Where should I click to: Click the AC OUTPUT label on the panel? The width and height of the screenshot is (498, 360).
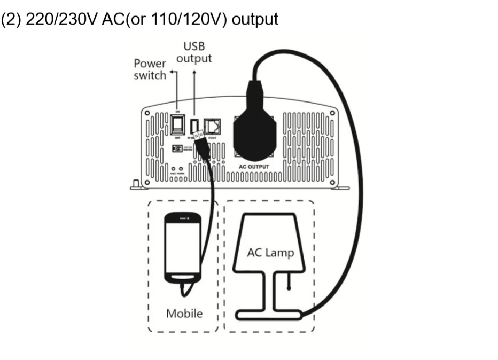pyautogui.click(x=254, y=167)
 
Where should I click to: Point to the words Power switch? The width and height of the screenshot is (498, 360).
pyautogui.click(x=150, y=69)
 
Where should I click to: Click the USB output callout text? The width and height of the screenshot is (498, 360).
pyautogui.click(x=194, y=53)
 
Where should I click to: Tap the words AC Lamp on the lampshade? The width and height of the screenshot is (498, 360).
pyautogui.click(x=270, y=252)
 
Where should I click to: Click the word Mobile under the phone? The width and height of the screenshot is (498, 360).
pyautogui.click(x=184, y=313)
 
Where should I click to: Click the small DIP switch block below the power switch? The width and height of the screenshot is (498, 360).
pyautogui.click(x=177, y=149)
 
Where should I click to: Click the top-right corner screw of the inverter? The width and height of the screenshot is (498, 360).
pyautogui.click(x=333, y=113)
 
